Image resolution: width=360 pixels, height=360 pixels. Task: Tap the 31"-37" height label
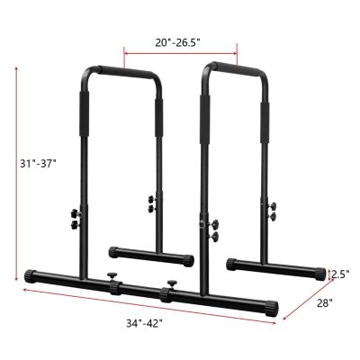coord(39,163)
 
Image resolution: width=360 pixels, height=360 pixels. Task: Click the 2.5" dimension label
coord(340,274)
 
